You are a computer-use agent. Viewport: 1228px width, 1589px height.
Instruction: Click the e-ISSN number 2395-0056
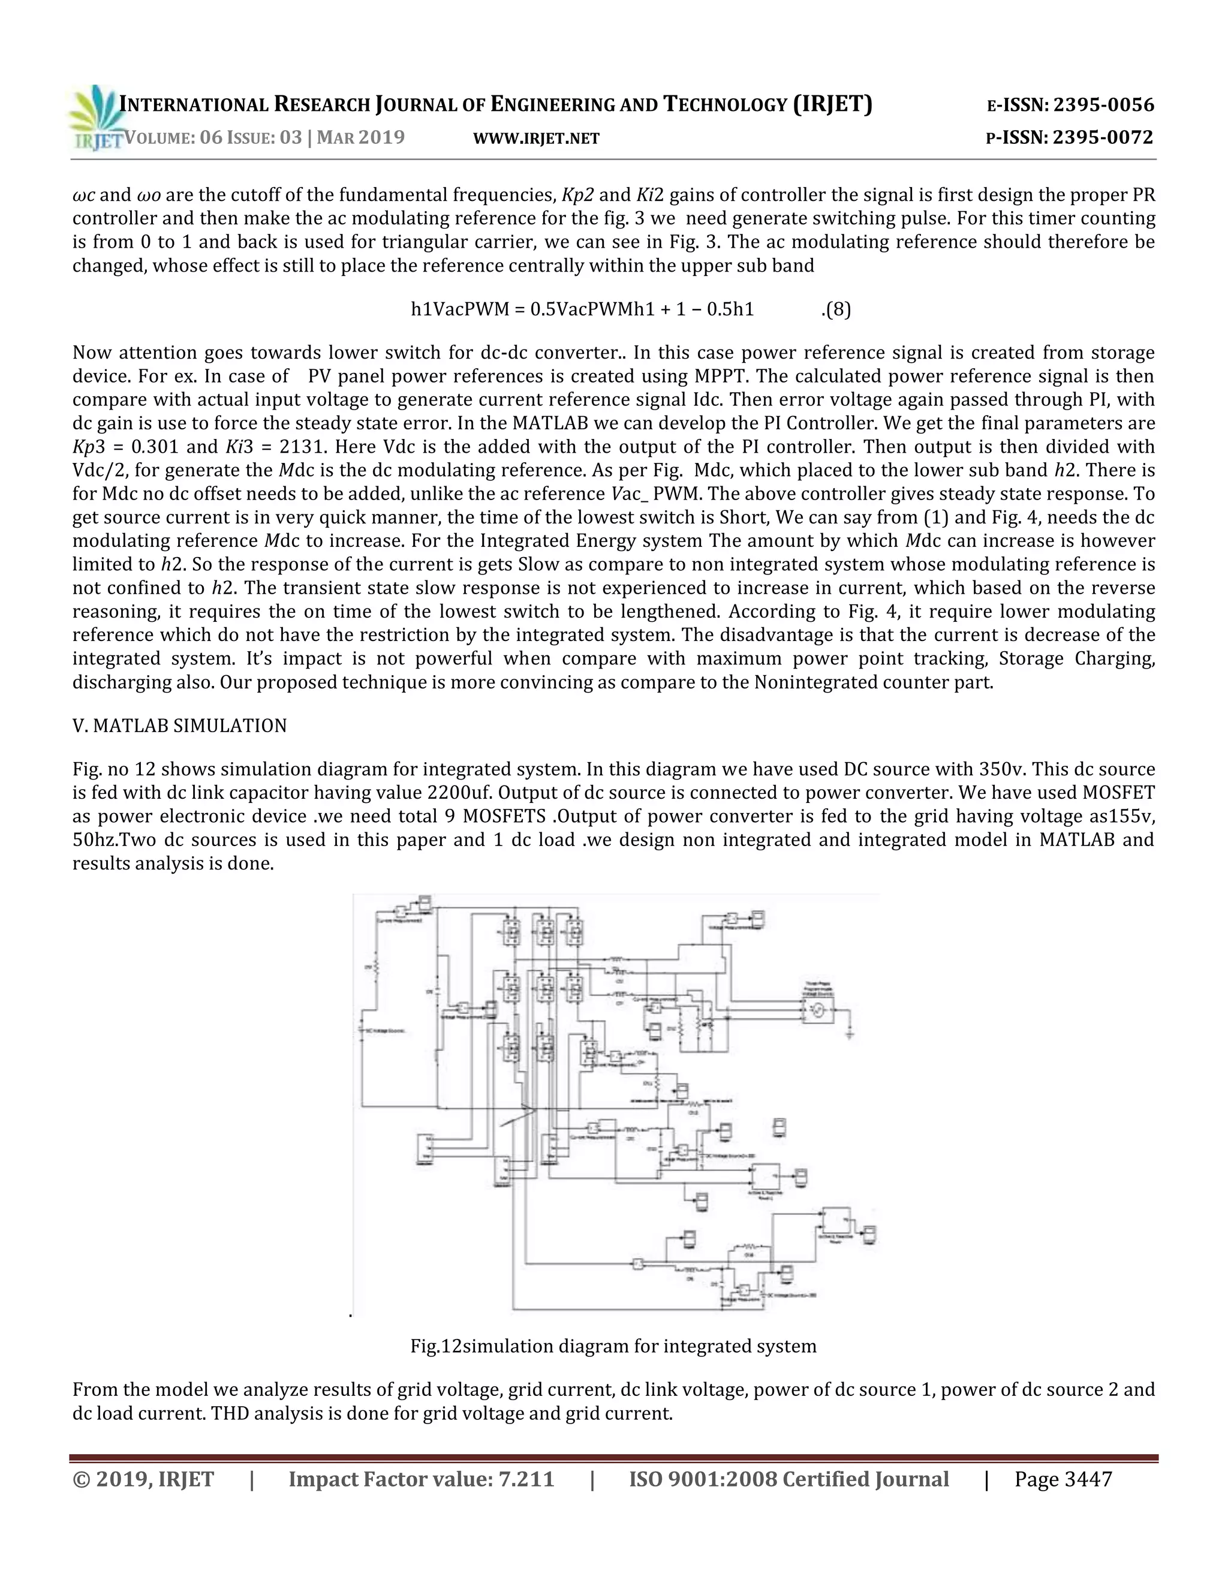click(1104, 105)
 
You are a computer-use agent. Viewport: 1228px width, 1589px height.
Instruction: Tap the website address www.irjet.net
click(536, 139)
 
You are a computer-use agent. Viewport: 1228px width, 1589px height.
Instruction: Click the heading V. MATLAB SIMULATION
click(180, 726)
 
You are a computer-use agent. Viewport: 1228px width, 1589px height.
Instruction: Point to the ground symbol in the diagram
click(850, 1033)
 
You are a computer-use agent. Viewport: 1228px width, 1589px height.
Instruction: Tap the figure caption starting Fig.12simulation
click(613, 1346)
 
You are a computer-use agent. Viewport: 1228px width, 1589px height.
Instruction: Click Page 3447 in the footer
click(1063, 1479)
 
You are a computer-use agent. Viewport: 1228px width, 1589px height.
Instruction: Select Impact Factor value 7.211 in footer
click(421, 1479)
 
